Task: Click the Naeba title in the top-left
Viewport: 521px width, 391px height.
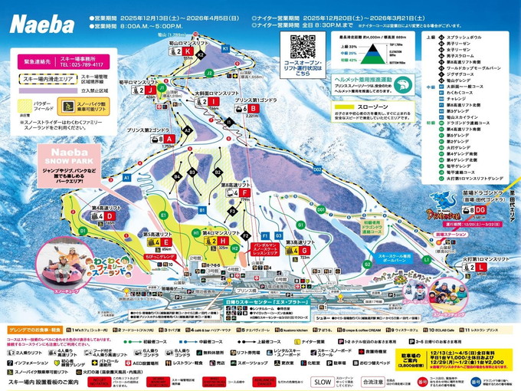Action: point(38,17)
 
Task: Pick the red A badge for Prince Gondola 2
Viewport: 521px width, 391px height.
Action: point(171,139)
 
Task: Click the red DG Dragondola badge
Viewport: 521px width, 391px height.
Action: point(481,209)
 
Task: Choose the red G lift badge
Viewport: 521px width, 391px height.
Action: point(304,251)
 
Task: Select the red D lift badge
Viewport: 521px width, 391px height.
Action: point(109,216)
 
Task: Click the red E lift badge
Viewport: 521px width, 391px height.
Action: point(166,242)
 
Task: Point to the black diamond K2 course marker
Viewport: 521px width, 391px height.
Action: point(201,56)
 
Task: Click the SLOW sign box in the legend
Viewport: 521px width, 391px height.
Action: point(323,380)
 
